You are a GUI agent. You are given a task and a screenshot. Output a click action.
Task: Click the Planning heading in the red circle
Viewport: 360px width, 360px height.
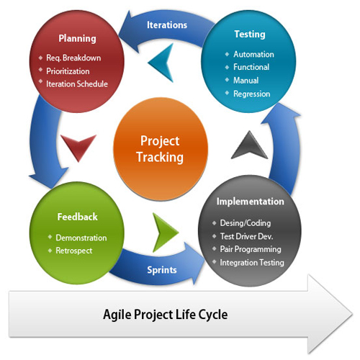point(77,39)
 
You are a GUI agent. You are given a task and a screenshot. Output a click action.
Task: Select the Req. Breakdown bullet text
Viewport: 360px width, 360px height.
point(73,58)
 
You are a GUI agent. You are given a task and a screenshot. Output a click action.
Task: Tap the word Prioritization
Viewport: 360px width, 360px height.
point(68,71)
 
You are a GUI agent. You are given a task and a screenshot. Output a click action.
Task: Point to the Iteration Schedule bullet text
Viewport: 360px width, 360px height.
point(77,84)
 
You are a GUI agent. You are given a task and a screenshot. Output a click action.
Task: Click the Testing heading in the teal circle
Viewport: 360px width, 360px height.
point(250,35)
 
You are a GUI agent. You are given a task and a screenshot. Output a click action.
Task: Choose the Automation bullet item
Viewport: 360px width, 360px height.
point(253,54)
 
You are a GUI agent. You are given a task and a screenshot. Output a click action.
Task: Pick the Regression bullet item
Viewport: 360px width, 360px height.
point(252,94)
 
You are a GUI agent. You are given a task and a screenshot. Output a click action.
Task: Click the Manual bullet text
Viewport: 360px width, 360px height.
point(246,81)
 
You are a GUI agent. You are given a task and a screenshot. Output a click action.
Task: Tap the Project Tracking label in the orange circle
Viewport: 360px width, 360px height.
point(160,149)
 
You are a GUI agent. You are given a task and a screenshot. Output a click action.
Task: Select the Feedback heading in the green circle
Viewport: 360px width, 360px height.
point(77,217)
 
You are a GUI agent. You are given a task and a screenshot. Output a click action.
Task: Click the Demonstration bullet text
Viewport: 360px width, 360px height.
point(81,238)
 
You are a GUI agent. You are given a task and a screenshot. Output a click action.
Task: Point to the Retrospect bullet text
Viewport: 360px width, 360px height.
point(74,251)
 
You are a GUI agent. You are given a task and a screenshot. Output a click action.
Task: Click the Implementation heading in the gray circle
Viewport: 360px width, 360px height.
point(251,202)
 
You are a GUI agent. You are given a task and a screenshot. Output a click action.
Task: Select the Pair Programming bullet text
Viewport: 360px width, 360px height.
point(251,249)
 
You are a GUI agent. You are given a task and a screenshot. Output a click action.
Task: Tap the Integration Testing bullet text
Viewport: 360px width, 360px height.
point(252,263)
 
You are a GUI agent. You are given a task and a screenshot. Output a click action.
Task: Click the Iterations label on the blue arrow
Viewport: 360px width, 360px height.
point(167,25)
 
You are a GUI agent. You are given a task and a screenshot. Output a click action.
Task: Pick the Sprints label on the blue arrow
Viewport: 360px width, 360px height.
point(162,270)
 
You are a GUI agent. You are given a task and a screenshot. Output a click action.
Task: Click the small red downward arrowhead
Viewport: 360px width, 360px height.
point(78,145)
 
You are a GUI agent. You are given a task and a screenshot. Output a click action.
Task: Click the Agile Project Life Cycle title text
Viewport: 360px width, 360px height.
point(166,315)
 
